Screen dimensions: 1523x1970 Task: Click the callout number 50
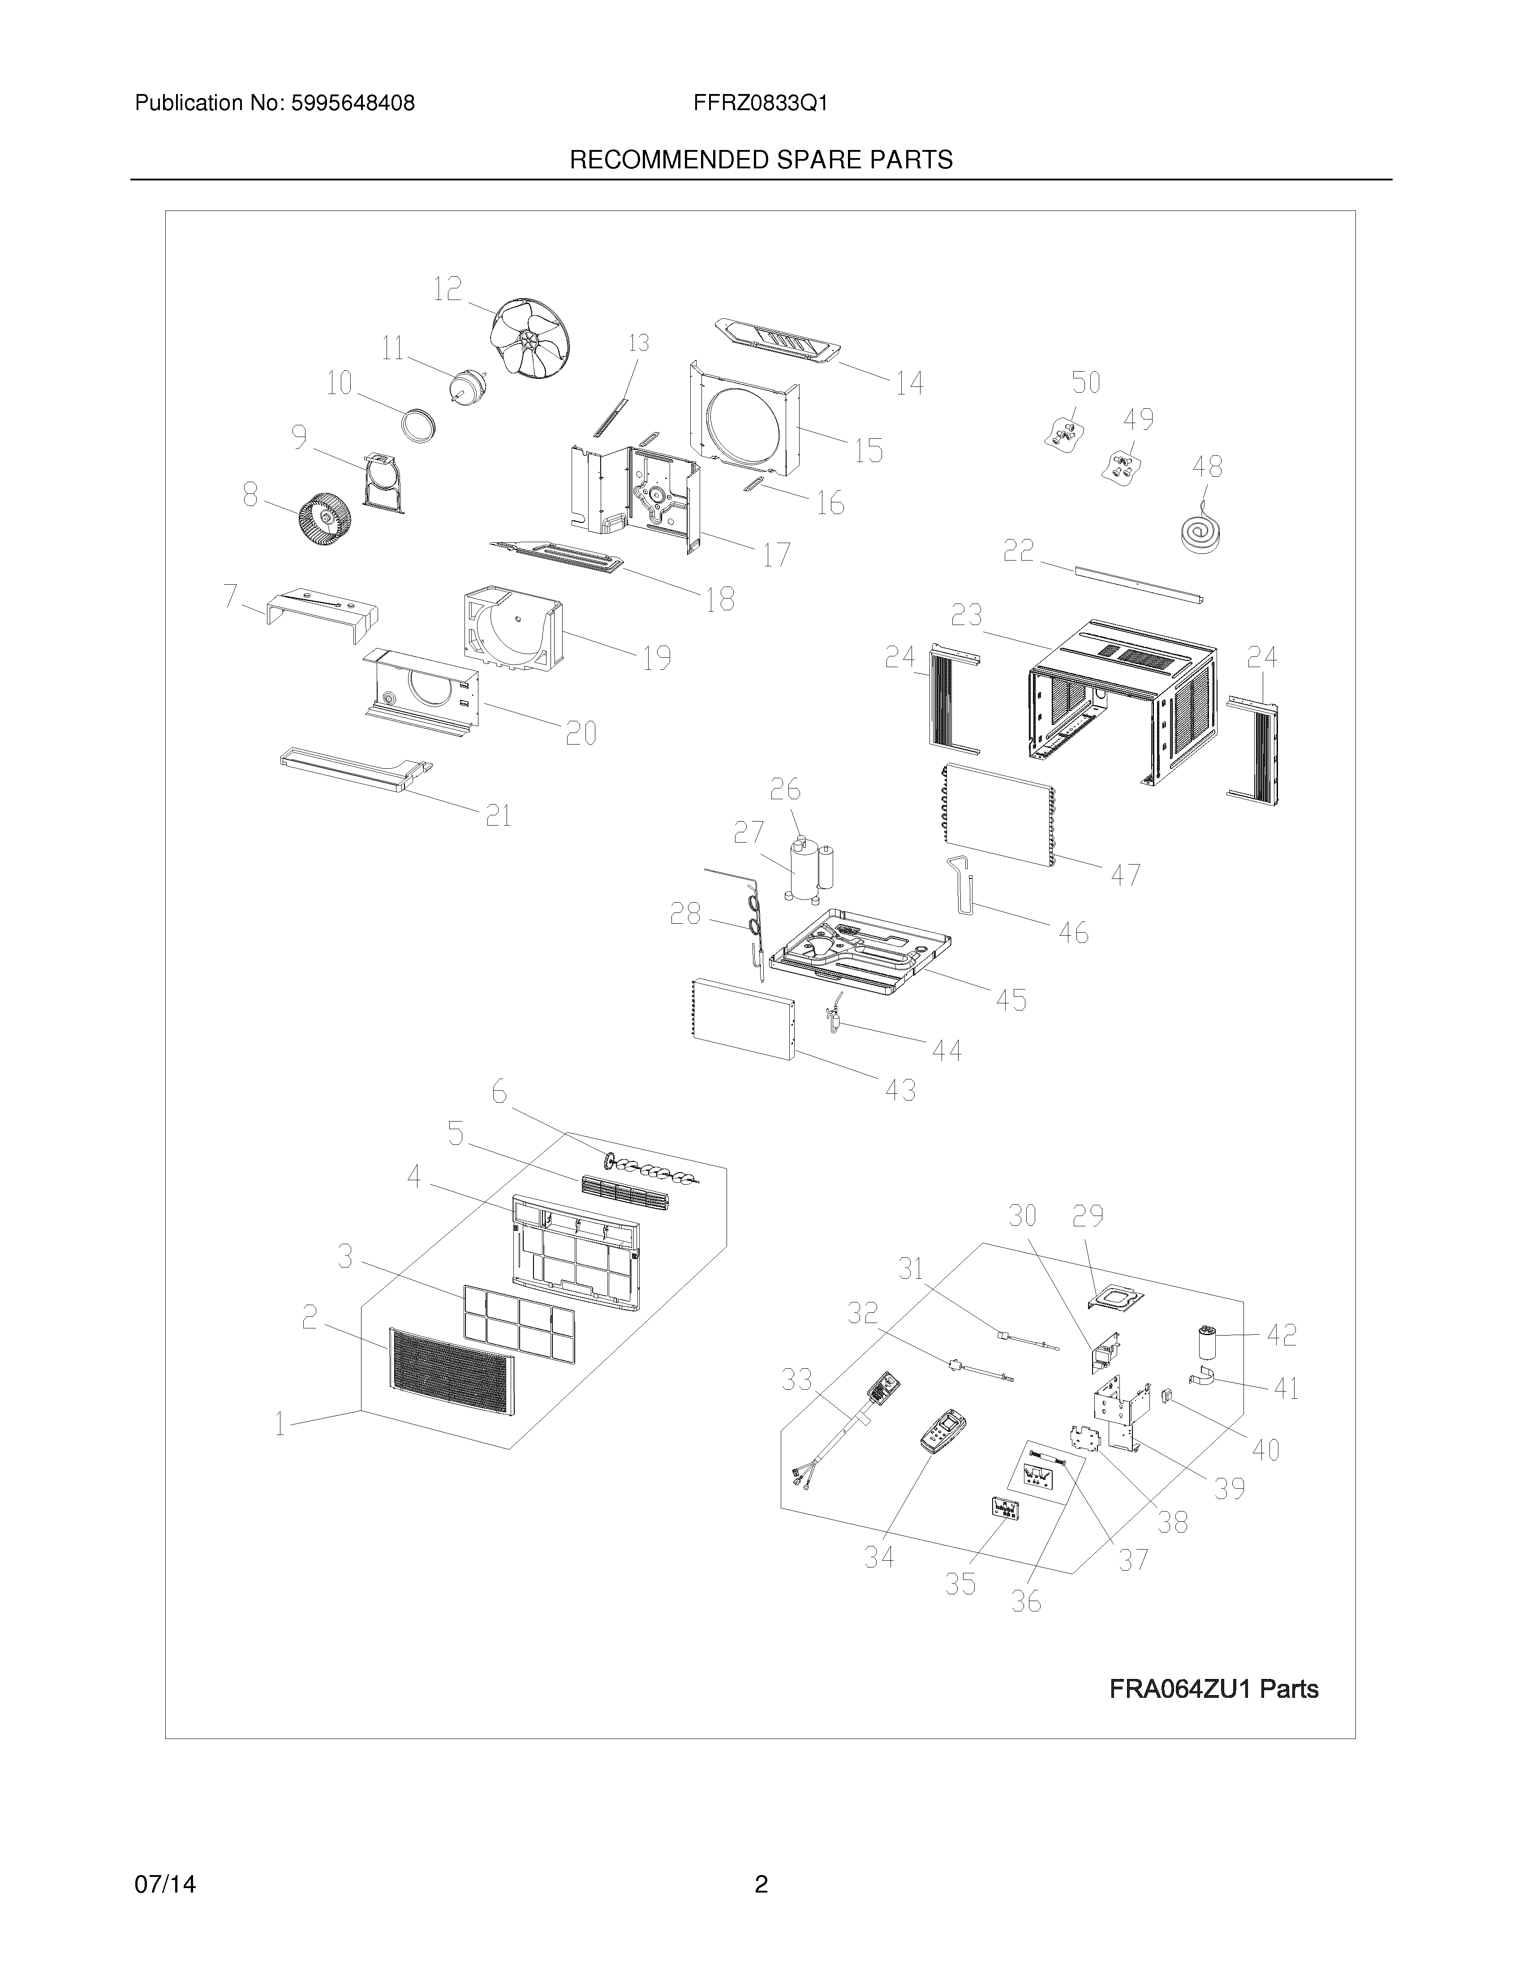[1085, 382]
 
